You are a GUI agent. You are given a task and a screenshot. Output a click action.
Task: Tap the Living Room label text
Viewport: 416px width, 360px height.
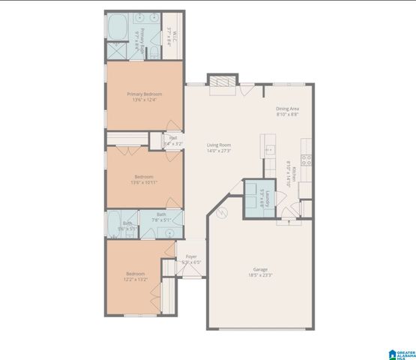[x=219, y=147]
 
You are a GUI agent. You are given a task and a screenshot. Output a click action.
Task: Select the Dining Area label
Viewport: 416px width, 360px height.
[x=288, y=111]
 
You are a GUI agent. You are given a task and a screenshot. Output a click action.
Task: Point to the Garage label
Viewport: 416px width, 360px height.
[x=260, y=271]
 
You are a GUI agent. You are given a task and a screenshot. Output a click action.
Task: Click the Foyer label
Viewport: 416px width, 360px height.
[x=192, y=259]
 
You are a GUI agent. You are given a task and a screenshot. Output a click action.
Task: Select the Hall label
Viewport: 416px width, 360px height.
[x=173, y=140]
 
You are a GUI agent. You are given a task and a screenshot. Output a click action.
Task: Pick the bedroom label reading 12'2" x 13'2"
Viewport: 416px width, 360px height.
[x=136, y=276]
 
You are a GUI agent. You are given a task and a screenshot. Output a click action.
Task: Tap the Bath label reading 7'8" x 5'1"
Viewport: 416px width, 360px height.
[x=162, y=217]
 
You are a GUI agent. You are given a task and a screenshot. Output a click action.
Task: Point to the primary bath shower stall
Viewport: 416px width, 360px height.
[x=117, y=52]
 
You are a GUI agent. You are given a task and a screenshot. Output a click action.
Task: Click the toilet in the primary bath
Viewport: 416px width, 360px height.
[x=152, y=52]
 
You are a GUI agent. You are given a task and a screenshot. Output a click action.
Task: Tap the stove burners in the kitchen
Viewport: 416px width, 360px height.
[x=306, y=158]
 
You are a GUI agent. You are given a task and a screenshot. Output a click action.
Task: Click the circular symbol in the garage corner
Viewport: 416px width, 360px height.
[x=222, y=214]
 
